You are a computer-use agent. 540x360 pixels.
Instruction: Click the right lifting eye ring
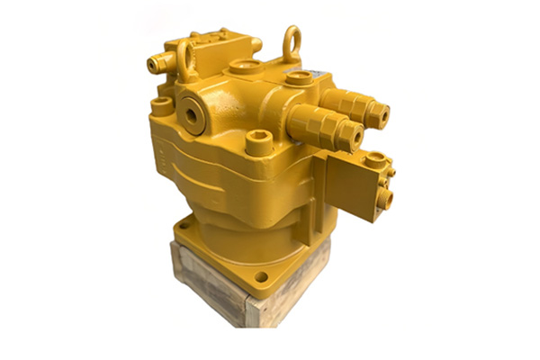[x=292, y=42]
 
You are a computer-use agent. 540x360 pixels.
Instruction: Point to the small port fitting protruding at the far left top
[x=154, y=64]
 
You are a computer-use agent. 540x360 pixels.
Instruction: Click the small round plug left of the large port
[x=163, y=106]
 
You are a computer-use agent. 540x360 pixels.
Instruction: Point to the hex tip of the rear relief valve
[x=382, y=113]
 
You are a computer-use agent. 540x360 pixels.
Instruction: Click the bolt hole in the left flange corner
[x=184, y=228]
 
